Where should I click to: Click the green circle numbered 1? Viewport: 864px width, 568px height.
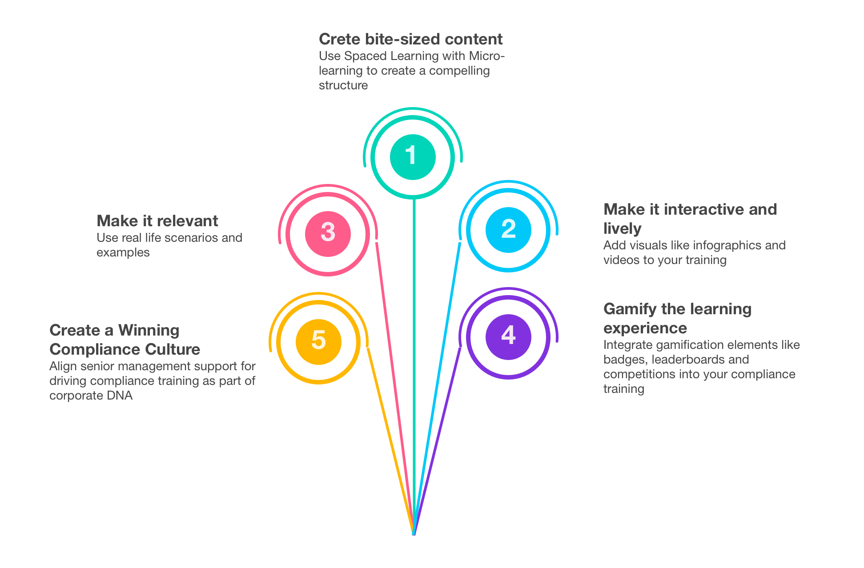(x=413, y=157)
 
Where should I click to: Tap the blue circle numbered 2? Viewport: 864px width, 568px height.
(x=508, y=230)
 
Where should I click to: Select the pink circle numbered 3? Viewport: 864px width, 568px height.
(x=328, y=233)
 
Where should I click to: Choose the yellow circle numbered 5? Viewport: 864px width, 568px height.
(x=318, y=341)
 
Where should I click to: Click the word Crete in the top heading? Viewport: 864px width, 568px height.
(x=339, y=39)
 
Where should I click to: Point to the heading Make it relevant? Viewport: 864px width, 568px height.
(x=157, y=221)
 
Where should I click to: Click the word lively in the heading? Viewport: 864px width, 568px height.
(x=622, y=228)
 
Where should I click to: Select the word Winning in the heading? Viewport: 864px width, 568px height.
(x=149, y=330)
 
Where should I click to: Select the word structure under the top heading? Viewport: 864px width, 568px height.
(x=343, y=85)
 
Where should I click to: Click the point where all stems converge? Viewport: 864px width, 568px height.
(x=414, y=533)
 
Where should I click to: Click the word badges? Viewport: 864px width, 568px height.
(x=624, y=360)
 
